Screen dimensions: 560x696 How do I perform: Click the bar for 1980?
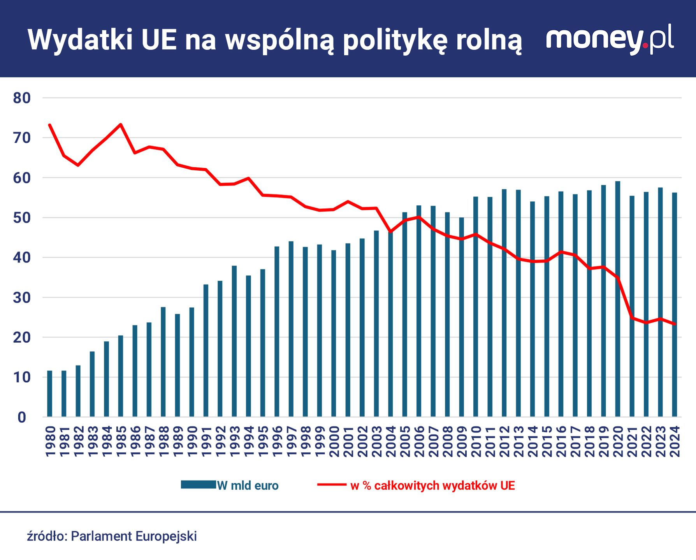[x=49, y=394]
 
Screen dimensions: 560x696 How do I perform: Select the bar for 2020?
[x=617, y=299]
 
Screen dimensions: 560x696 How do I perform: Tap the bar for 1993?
[x=234, y=341]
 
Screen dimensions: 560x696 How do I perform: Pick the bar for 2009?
[x=461, y=317]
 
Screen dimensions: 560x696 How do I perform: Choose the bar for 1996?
[x=277, y=332]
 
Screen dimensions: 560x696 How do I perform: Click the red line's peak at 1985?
[x=121, y=124]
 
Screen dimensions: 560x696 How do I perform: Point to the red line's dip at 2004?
[x=390, y=232]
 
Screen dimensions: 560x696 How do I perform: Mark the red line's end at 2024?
[x=675, y=324]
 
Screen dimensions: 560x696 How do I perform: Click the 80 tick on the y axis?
[x=22, y=98]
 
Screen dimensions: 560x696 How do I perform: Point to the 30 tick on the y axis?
[x=22, y=298]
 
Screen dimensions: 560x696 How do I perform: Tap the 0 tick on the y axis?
[x=22, y=418]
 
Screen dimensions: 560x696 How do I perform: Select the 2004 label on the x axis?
[x=390, y=441]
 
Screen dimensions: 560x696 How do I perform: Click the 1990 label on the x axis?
[x=192, y=441]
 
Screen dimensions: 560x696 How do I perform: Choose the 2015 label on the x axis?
[x=547, y=441]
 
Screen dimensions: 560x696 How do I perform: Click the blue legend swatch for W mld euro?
[x=198, y=485]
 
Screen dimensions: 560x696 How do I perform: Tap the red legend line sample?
[x=332, y=485]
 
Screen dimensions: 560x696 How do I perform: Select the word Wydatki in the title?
[x=80, y=40]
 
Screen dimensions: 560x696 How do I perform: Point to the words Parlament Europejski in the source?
[x=134, y=536]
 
